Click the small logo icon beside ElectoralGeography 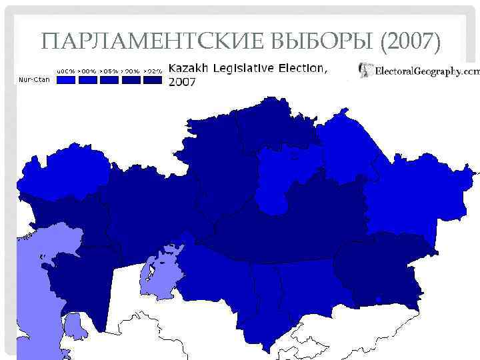365,69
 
